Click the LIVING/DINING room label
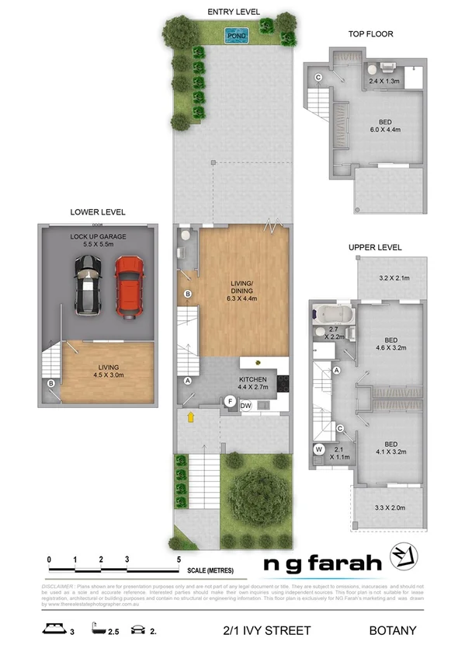point(244,289)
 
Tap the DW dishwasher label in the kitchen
point(245,406)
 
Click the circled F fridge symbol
point(230,401)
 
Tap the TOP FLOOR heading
point(370,34)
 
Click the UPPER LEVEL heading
point(374,248)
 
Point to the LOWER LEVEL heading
point(98,211)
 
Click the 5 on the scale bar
point(179,559)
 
